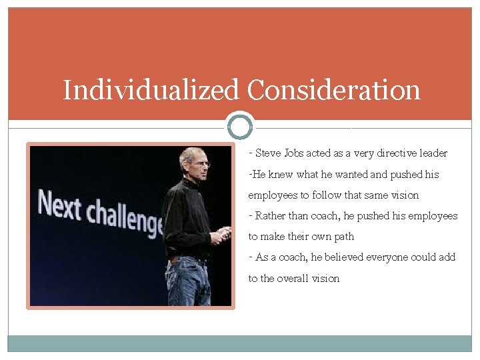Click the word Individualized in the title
151,91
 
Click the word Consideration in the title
334,89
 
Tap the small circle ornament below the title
240,126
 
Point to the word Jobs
294,153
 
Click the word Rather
270,216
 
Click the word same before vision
363,195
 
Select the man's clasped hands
220,234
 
